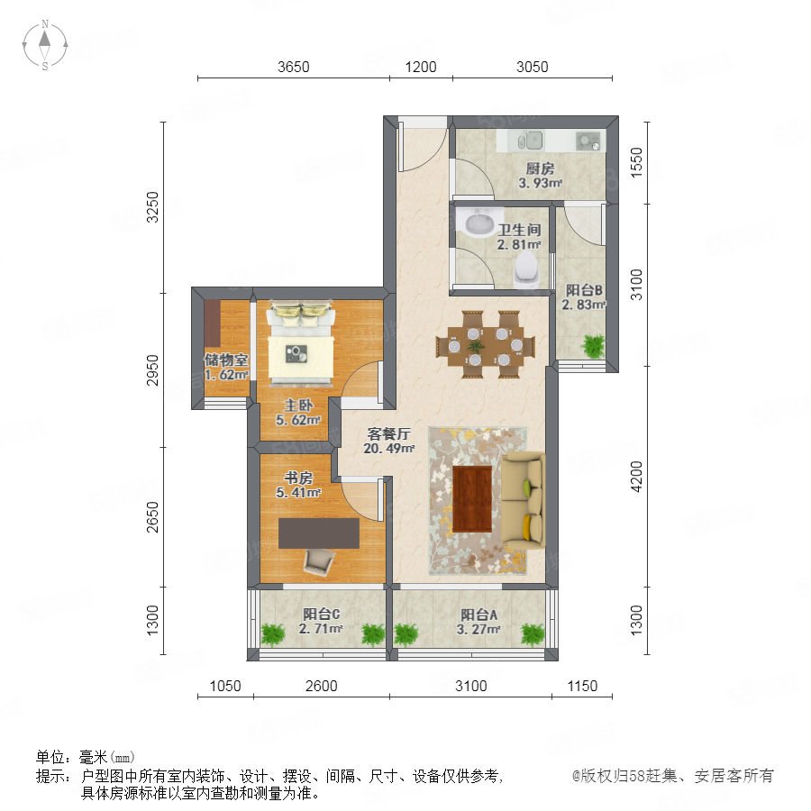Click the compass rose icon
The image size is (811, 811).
[x=45, y=45]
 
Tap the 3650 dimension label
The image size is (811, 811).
[x=293, y=68]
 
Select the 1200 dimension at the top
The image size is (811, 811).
[x=421, y=68]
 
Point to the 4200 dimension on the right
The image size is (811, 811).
[x=637, y=477]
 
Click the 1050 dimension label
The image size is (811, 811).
[x=225, y=686]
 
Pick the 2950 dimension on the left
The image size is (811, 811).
[x=152, y=369]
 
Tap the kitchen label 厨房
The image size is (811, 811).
[x=540, y=169]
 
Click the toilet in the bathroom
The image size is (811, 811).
[x=527, y=269]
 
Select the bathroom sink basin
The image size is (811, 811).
[x=480, y=224]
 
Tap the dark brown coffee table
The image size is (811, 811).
[x=471, y=498]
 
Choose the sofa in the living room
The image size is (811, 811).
[x=524, y=499]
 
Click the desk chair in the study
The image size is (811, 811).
[x=320, y=561]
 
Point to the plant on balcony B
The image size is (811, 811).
[x=593, y=345]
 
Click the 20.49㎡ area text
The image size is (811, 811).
[x=389, y=449]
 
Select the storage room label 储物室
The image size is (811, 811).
[x=226, y=360]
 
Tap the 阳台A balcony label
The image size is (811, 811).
[x=479, y=615]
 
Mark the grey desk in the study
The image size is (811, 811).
[x=319, y=533]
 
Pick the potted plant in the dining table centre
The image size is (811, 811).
[x=476, y=345]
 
